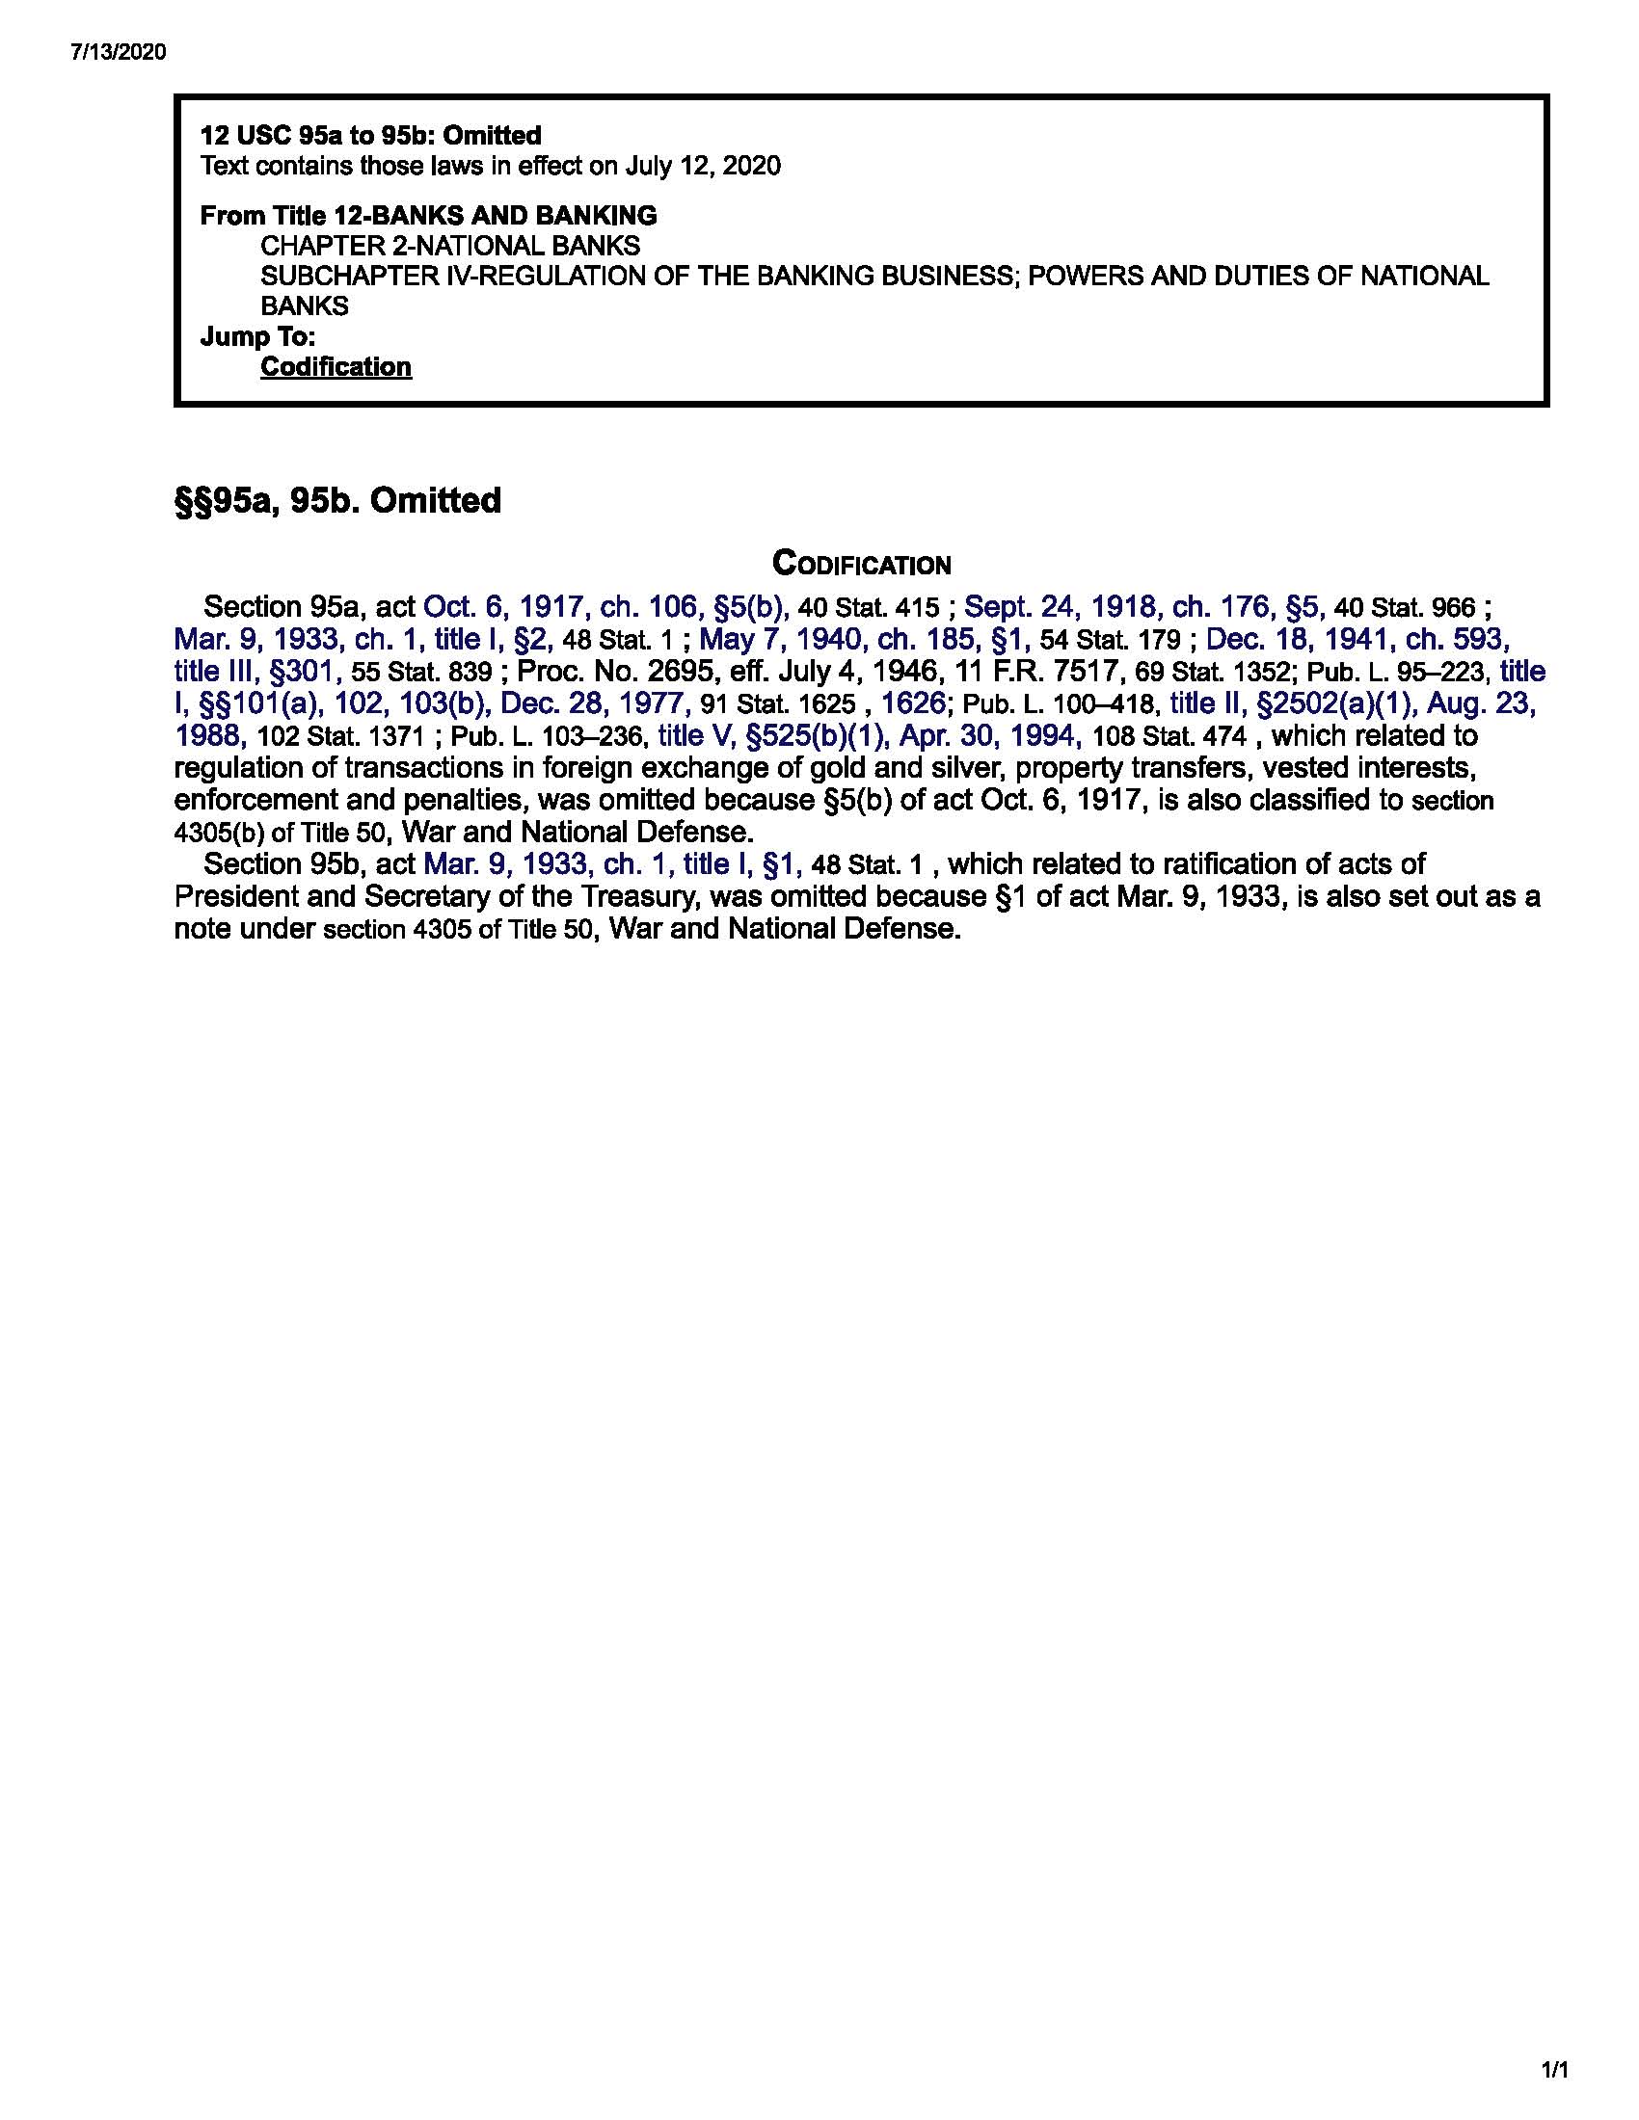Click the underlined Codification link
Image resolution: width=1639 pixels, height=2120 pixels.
[x=335, y=367]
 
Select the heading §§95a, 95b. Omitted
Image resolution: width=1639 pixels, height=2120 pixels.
[x=336, y=501]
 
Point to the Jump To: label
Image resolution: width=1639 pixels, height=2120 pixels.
[x=257, y=337]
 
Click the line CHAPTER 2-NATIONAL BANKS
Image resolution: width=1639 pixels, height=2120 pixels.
[x=449, y=246]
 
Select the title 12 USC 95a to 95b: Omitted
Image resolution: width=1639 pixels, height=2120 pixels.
[x=370, y=135]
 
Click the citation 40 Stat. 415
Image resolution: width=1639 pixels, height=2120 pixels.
[x=867, y=609]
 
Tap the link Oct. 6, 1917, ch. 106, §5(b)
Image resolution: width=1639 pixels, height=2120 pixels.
[x=605, y=608]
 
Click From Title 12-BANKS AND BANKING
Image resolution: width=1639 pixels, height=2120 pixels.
[x=428, y=216]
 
